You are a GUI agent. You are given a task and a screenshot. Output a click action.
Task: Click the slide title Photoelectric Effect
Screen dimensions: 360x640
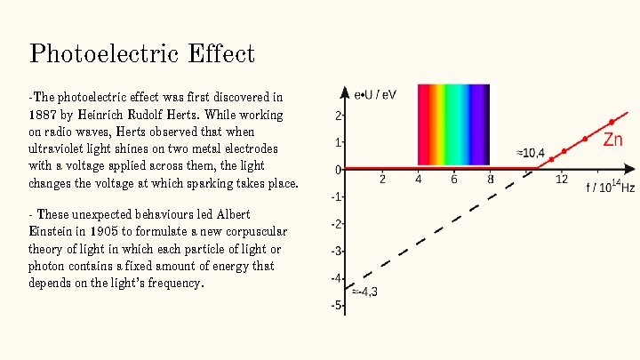pos(142,53)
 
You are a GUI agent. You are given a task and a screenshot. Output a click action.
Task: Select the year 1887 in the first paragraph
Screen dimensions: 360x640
pos(43,116)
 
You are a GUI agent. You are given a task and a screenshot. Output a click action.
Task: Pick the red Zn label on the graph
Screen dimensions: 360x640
pos(613,139)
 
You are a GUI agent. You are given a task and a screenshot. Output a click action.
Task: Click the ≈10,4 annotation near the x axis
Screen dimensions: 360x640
pos(531,153)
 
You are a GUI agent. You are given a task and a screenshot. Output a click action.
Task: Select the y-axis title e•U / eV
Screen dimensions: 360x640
pos(376,93)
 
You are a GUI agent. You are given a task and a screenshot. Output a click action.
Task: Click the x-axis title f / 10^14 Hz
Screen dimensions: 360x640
pos(610,188)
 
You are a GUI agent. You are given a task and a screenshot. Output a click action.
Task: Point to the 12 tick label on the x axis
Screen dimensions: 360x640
pos(561,180)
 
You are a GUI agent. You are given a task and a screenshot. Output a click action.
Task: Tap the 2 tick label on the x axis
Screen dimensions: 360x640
pos(382,180)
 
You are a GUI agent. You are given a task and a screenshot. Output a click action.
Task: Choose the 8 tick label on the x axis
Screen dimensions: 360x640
pos(491,180)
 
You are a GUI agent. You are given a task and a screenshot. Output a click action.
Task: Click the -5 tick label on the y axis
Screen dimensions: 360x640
pos(337,306)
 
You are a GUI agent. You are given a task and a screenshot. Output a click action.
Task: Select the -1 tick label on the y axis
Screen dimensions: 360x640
pos(337,196)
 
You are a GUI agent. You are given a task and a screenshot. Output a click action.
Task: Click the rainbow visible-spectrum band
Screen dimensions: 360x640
pos(453,124)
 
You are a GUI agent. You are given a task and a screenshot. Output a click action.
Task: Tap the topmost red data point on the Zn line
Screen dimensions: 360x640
pos(611,122)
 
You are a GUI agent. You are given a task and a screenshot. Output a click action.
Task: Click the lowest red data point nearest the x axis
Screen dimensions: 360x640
pos(551,160)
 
